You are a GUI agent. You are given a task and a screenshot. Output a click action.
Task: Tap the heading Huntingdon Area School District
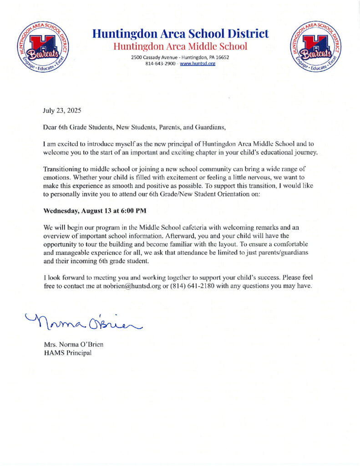point(180,34)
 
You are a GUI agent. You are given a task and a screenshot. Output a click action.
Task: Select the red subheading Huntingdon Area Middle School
point(180,46)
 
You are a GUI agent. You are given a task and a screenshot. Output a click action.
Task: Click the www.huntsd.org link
point(198,64)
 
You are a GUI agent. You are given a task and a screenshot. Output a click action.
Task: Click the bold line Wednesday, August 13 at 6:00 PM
point(95,211)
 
